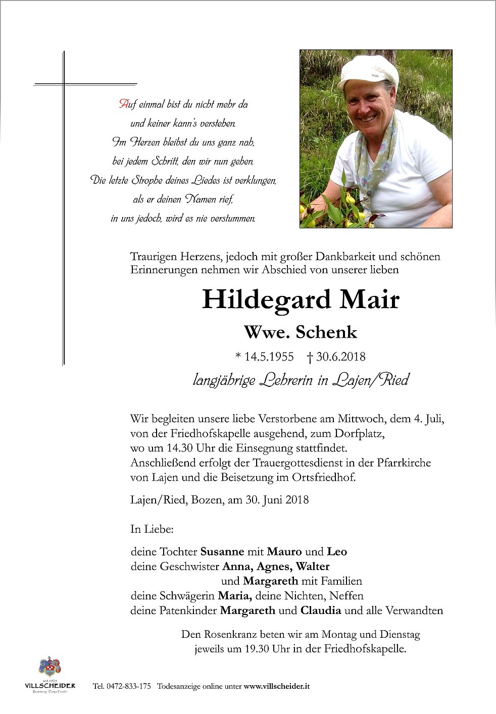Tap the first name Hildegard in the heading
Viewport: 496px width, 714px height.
click(x=267, y=300)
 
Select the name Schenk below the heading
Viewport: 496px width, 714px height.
click(x=333, y=332)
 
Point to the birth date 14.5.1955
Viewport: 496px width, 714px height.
click(x=269, y=357)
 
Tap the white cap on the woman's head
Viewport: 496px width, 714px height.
click(x=368, y=70)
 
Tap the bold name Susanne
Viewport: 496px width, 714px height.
click(x=222, y=552)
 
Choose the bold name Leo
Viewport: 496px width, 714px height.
click(x=337, y=552)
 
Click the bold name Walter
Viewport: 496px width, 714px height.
click(x=313, y=567)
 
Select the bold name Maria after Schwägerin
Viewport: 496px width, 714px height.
click(x=233, y=596)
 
